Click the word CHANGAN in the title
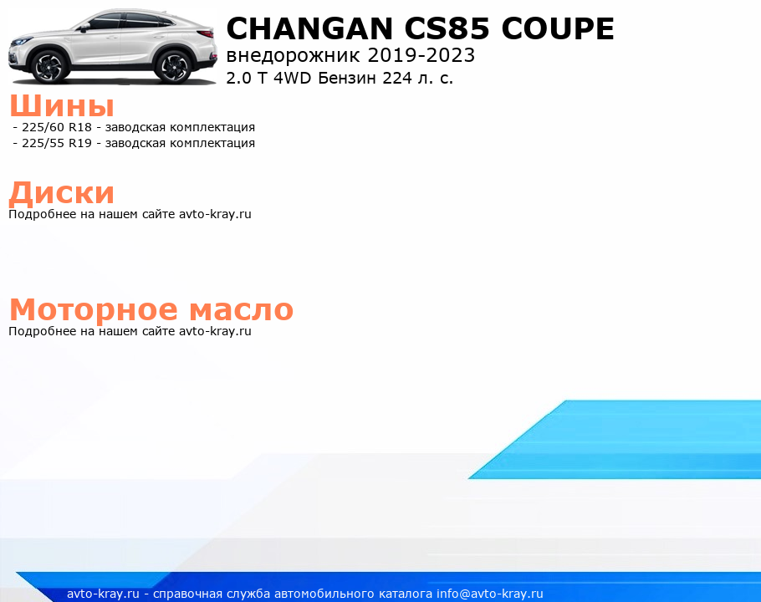coord(309,28)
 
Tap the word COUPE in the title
coord(558,28)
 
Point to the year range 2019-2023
coord(421,55)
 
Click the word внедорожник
coord(293,56)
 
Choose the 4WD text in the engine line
coord(292,78)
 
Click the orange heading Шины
coord(62,105)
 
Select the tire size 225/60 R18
coord(57,127)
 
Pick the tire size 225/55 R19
coord(57,143)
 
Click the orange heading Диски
coord(62,192)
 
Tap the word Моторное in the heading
coord(94,310)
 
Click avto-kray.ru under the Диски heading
coord(215,214)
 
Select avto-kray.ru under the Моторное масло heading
coord(215,331)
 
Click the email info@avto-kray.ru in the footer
coord(490,594)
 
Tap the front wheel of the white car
coord(49,66)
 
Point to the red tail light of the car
coord(205,34)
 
